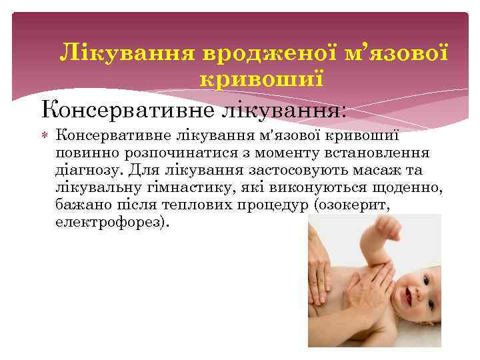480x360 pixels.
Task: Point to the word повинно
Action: click(x=82, y=153)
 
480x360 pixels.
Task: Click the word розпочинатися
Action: click(x=164, y=153)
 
